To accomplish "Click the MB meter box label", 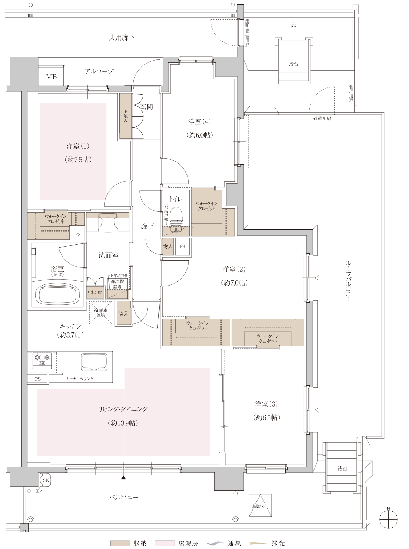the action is coord(51,77).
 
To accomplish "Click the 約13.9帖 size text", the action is coord(123,423).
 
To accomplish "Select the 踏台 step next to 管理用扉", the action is coord(294,64).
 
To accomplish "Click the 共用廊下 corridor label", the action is coord(122,38).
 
